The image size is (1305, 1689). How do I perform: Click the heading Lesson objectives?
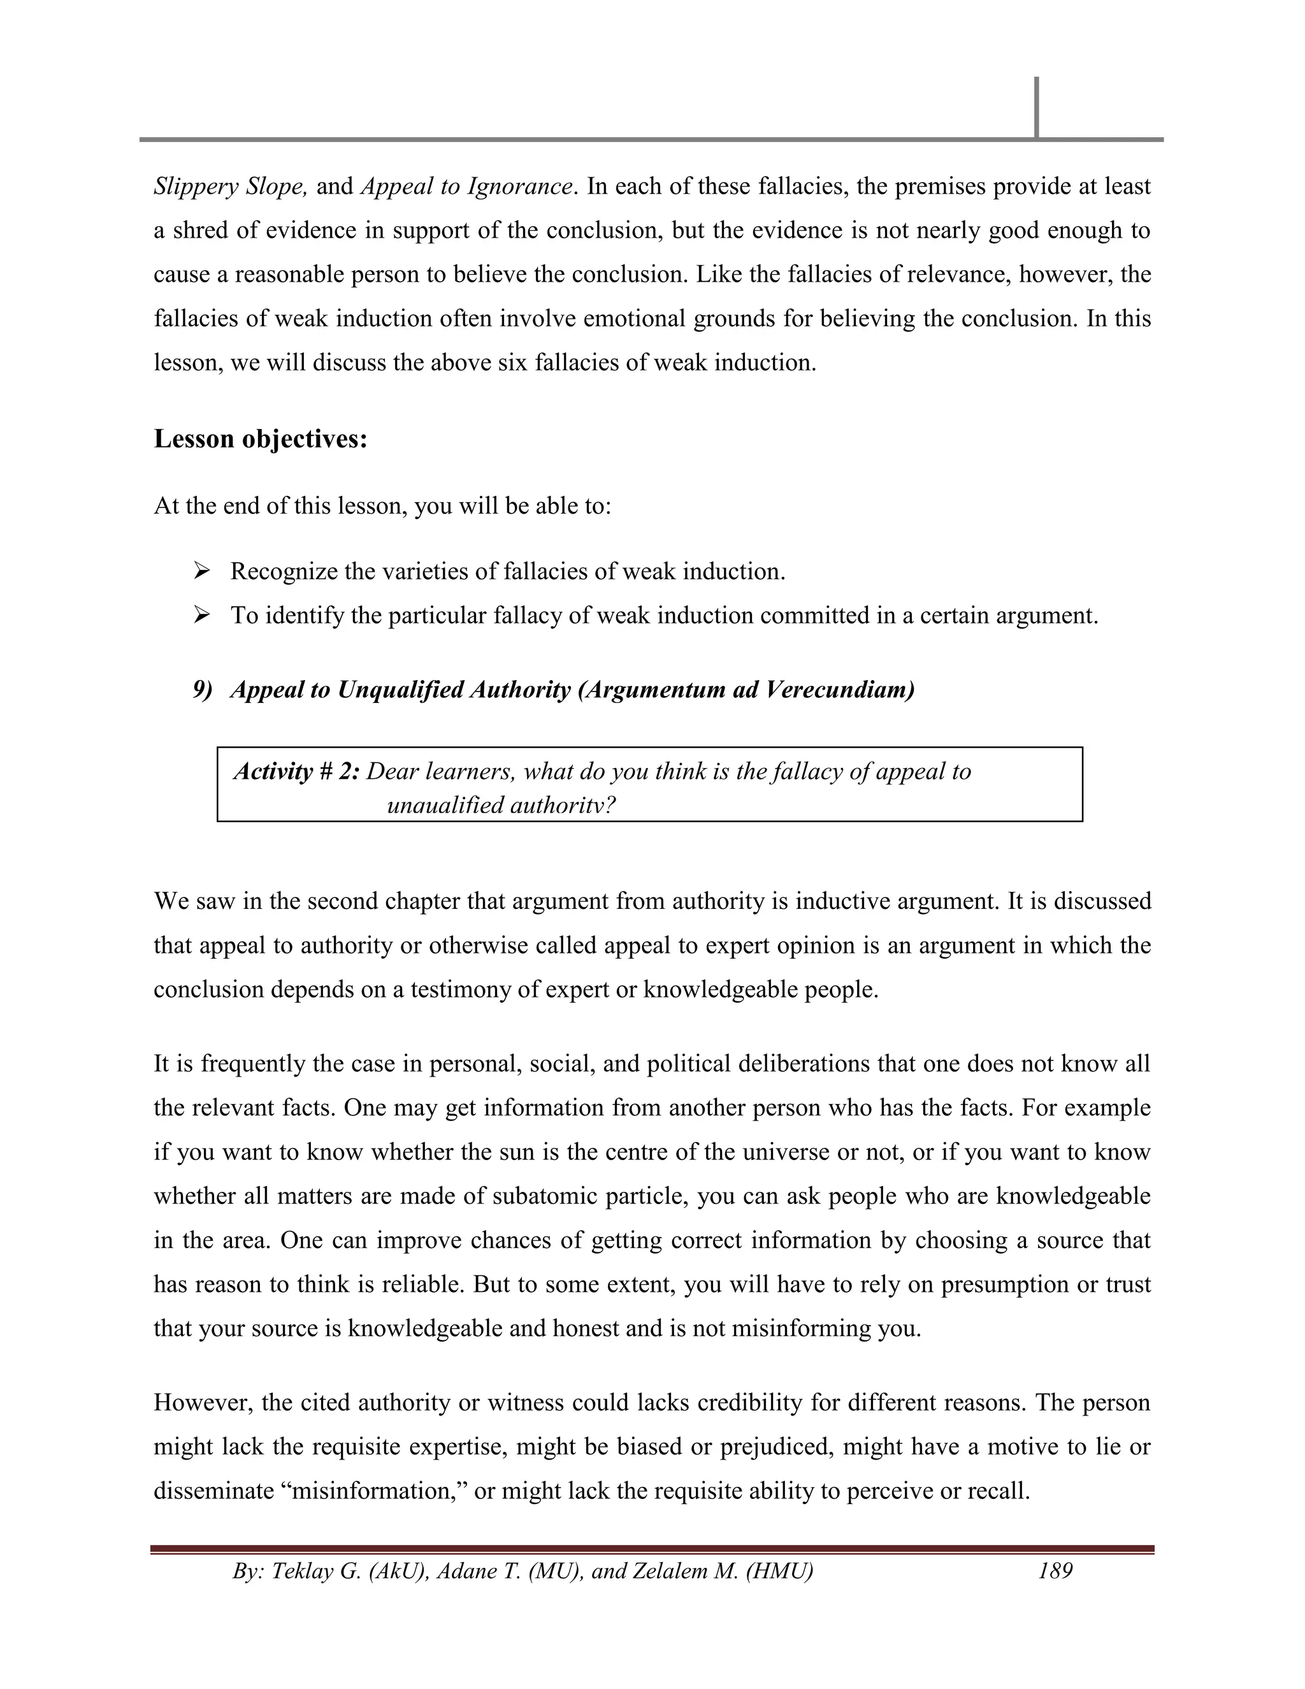click(261, 439)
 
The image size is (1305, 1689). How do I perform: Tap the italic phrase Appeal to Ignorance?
click(467, 186)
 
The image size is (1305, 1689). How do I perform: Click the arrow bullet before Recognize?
click(202, 572)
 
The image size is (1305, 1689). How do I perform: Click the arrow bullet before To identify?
click(202, 616)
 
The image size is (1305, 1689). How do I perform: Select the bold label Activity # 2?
click(297, 771)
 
